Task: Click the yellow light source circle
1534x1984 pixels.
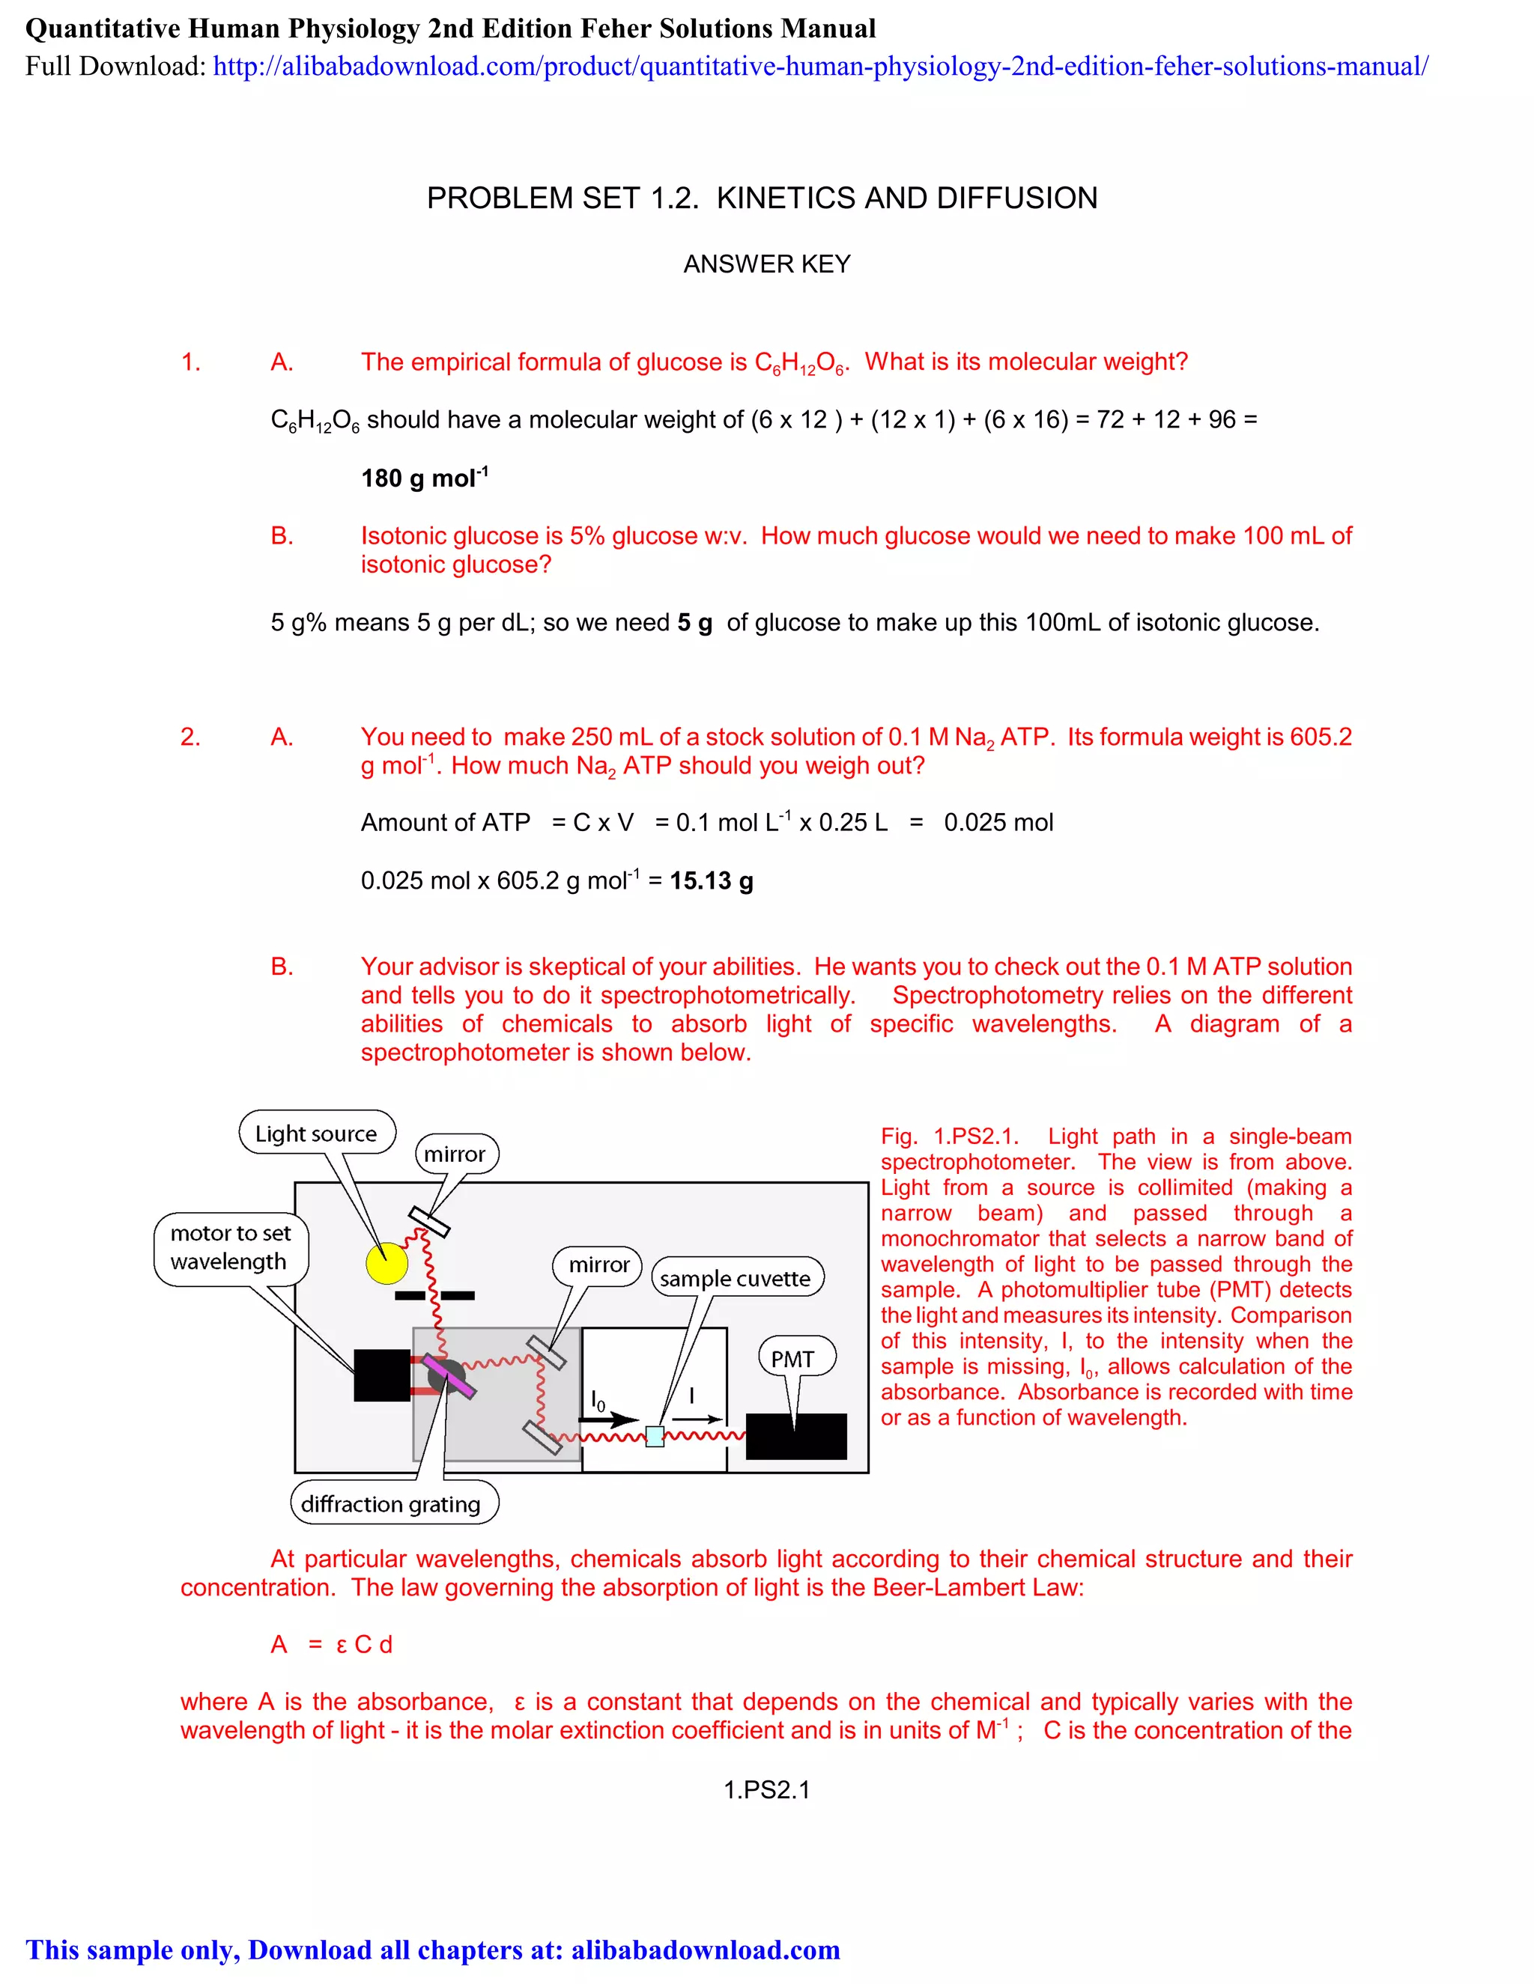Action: click(386, 1263)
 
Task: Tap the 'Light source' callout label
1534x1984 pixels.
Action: click(316, 1134)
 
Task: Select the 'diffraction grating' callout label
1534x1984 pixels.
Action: click(391, 1504)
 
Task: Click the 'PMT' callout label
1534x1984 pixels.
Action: click(792, 1359)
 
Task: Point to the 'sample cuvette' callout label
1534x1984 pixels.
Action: click(736, 1278)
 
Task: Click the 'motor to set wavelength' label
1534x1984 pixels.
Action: click(231, 1247)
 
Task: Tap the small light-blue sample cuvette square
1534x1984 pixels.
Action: click(655, 1436)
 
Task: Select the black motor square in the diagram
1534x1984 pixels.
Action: click(382, 1375)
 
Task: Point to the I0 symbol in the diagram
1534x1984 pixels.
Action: click(597, 1401)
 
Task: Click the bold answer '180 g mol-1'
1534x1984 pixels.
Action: click(425, 478)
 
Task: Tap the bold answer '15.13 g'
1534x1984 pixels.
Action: click(712, 880)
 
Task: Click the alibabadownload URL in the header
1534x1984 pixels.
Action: click(819, 67)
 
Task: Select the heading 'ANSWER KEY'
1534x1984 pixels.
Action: click(766, 264)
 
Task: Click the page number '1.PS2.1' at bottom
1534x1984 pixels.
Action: click(766, 1789)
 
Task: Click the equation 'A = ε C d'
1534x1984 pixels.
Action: click(332, 1644)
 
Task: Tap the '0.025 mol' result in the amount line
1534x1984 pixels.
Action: click(998, 822)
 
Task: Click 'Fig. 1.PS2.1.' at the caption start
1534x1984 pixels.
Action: click(949, 1136)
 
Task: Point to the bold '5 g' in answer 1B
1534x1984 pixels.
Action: click(694, 622)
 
